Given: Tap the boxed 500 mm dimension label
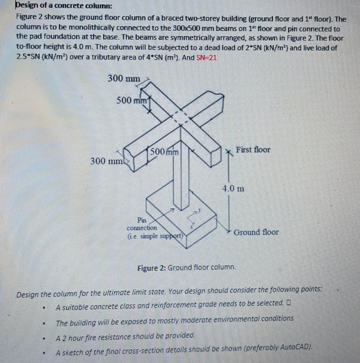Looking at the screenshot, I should tap(164, 152).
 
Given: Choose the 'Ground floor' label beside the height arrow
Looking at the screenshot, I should tap(256, 232).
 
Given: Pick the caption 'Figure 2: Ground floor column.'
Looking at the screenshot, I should tap(187, 268).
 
